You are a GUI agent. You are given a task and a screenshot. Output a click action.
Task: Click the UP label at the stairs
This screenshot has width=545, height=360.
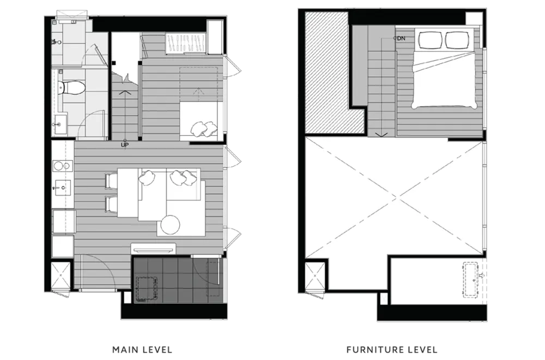(x=125, y=145)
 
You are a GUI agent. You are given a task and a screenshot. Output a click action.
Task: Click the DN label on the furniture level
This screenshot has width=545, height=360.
(x=401, y=38)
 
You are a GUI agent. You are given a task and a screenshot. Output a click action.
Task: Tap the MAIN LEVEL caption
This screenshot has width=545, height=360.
(x=142, y=350)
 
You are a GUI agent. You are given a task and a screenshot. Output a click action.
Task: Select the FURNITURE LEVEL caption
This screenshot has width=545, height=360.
(x=392, y=350)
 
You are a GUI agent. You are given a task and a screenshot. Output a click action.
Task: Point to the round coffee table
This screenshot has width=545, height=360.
(x=170, y=225)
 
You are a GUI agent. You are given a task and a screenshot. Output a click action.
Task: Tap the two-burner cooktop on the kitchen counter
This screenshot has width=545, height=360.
(x=63, y=166)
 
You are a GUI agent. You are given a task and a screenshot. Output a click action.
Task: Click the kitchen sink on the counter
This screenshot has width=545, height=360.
(x=63, y=188)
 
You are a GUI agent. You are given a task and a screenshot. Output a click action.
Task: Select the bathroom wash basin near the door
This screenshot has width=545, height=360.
(x=59, y=124)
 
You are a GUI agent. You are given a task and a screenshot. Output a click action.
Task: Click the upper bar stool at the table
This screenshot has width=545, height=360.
(x=111, y=181)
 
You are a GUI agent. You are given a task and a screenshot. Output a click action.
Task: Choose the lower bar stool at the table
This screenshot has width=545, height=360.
(x=111, y=204)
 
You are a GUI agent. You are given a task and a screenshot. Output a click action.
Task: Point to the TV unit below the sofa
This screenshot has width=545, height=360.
(x=153, y=249)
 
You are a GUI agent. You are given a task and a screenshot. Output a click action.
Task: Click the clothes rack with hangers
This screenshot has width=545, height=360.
(x=186, y=44)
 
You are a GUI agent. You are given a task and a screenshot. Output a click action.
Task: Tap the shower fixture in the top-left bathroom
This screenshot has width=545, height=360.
(x=56, y=42)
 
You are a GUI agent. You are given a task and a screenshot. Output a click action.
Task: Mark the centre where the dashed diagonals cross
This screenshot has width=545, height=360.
(x=396, y=198)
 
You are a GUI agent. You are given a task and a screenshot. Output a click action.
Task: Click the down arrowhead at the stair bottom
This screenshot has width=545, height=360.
(x=381, y=134)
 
